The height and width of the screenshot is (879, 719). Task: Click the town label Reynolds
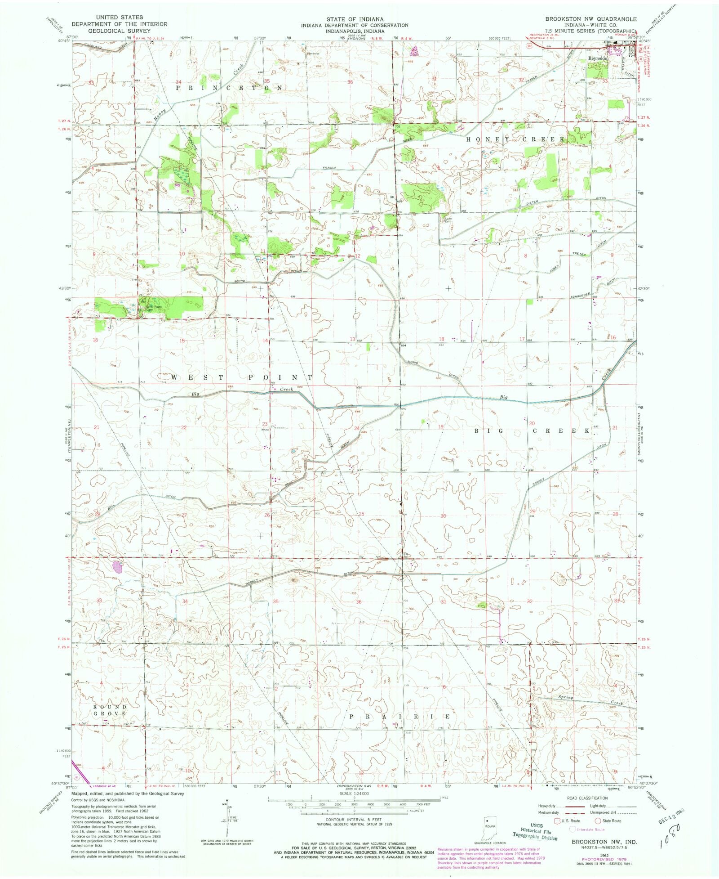coord(598,58)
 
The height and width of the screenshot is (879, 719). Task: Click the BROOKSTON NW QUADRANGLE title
coord(591,19)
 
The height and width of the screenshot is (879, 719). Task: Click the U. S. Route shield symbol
coord(559,821)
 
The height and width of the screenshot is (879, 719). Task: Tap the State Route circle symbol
coord(599,821)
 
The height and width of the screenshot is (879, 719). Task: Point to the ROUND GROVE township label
coord(110,710)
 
